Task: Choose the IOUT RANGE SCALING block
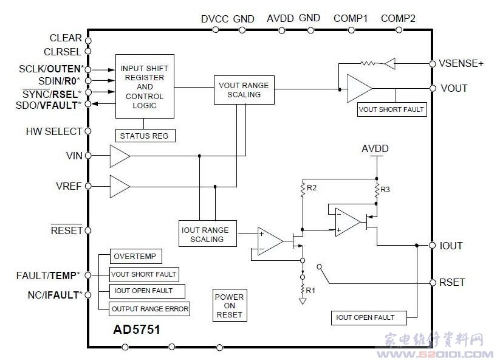point(205,234)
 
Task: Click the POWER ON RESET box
point(229,306)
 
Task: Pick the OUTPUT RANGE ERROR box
point(149,309)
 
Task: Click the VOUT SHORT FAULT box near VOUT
point(392,109)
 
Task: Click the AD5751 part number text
point(137,330)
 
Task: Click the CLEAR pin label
point(66,38)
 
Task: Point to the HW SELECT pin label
point(53,131)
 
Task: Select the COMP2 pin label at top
point(398,19)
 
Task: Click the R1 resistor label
point(310,289)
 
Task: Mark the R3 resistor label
point(386,190)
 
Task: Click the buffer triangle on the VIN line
point(119,156)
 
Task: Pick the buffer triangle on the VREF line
point(119,185)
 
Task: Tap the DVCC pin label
point(214,19)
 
